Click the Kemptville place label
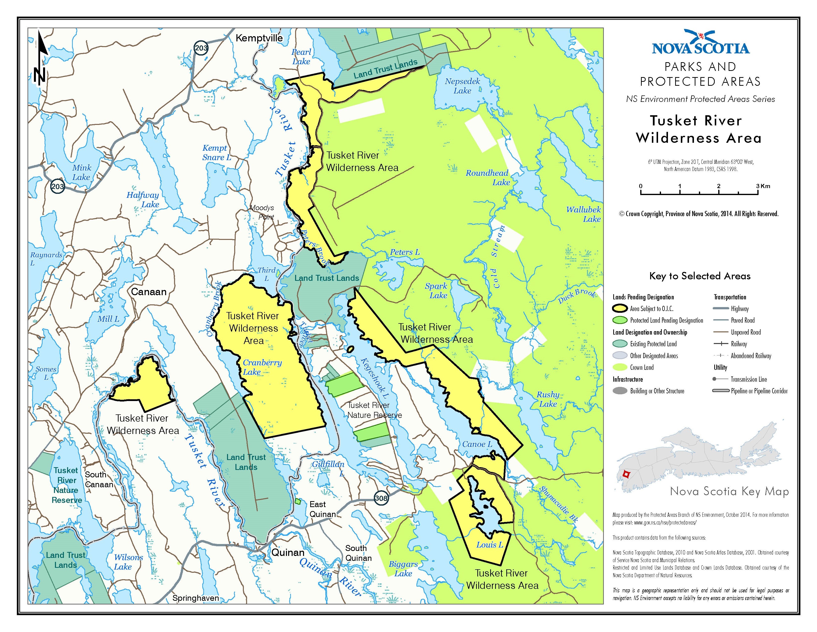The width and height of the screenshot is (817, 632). tap(259, 38)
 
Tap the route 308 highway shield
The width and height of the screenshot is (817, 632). tap(381, 498)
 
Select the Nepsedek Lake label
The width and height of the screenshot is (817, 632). tap(462, 86)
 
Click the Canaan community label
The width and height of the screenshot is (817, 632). tap(149, 292)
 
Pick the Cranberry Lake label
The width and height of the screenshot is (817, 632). tap(262, 367)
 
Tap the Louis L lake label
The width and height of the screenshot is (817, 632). tap(490, 545)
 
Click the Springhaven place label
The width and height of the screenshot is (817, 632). tap(195, 598)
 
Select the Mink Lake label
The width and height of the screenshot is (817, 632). tap(81, 172)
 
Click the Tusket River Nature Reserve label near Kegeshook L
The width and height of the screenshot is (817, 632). tap(374, 410)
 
